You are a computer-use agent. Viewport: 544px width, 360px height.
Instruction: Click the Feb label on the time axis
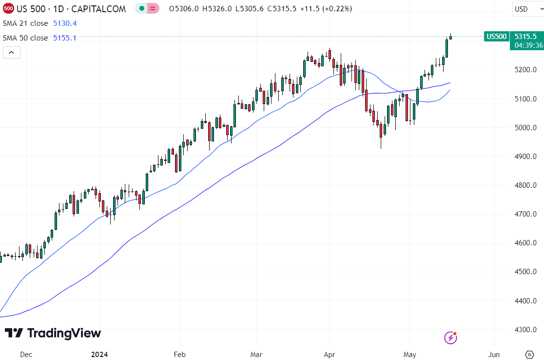click(x=180, y=354)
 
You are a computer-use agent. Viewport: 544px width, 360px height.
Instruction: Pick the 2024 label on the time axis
click(x=99, y=354)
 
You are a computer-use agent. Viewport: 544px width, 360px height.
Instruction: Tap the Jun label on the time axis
click(x=494, y=354)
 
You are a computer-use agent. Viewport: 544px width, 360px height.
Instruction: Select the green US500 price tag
click(x=496, y=37)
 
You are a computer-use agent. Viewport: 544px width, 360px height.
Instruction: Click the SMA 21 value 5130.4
click(x=65, y=23)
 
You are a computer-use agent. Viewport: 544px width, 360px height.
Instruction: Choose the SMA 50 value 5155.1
click(x=65, y=38)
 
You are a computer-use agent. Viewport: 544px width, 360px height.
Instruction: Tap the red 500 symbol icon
click(x=8, y=9)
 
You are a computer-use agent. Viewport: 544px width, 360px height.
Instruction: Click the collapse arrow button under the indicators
click(x=12, y=52)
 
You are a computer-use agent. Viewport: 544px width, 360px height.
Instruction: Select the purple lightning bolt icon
click(x=450, y=337)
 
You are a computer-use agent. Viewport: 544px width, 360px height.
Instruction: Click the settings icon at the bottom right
click(x=529, y=354)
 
